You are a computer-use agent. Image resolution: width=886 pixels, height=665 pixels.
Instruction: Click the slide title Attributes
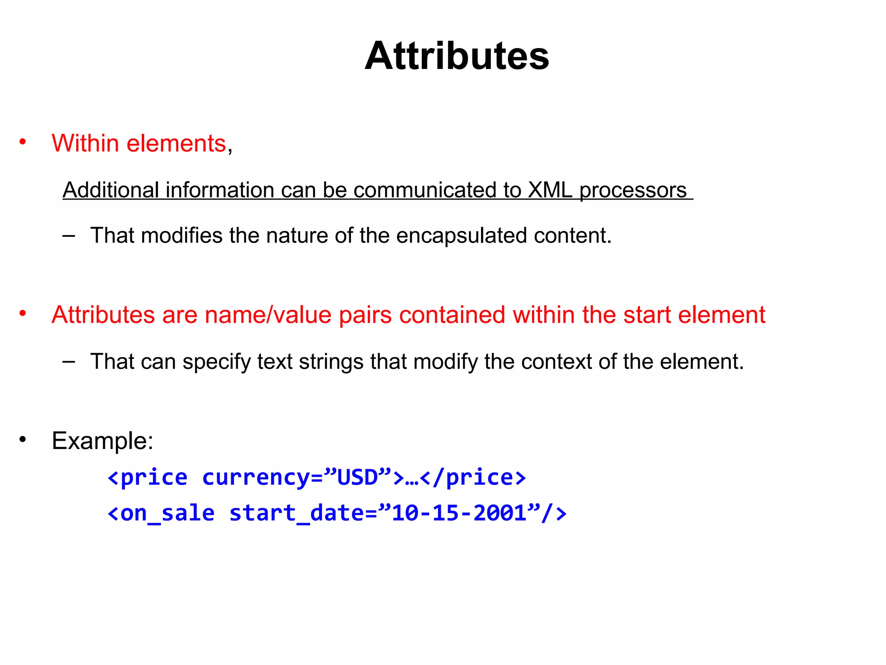click(457, 56)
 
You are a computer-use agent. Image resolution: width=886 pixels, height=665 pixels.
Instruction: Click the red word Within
click(85, 143)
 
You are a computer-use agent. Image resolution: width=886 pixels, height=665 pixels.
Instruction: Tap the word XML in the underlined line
click(550, 190)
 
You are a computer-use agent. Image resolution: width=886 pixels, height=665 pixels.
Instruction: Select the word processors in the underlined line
click(632, 191)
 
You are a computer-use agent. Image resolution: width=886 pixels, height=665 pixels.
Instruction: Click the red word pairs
click(365, 316)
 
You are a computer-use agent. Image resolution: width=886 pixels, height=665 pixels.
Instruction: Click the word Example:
click(103, 441)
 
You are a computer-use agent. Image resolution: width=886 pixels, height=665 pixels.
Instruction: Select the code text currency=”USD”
click(297, 478)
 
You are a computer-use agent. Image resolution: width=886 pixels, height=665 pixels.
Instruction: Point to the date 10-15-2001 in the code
click(459, 513)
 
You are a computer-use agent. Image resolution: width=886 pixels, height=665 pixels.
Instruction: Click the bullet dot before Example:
click(23, 440)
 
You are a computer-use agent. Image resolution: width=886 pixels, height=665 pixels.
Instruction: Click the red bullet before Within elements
click(23, 142)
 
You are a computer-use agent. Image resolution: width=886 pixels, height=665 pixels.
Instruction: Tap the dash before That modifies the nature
click(68, 236)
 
